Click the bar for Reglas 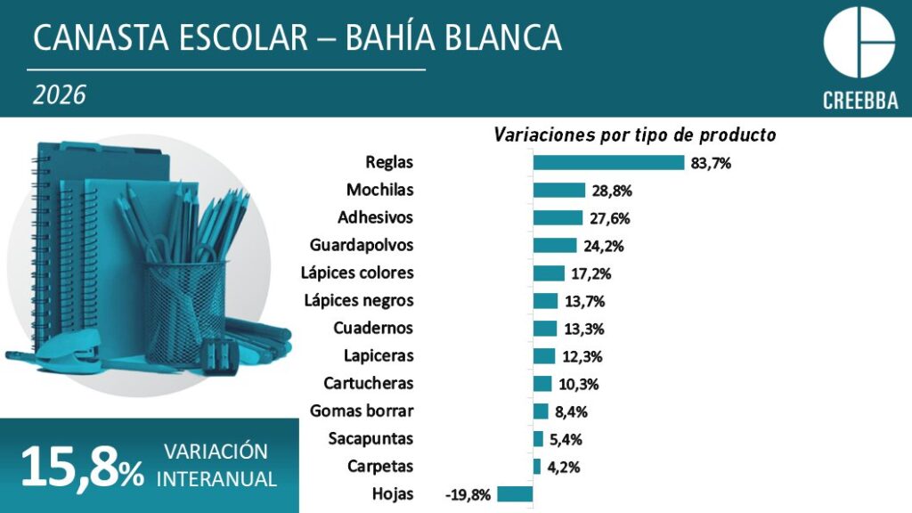click(x=608, y=162)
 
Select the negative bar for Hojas click(x=515, y=494)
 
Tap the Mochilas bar click(x=559, y=190)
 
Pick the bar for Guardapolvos click(x=555, y=245)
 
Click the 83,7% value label click(x=711, y=163)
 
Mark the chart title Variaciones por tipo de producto click(x=635, y=135)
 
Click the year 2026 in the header click(x=59, y=95)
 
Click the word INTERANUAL click(x=216, y=478)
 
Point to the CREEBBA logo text click(x=859, y=99)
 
